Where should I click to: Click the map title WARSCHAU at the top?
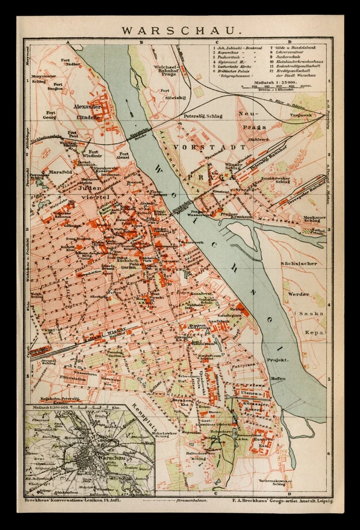click(x=180, y=30)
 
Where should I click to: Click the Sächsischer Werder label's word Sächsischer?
click(x=299, y=264)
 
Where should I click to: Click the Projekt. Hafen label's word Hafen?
click(x=278, y=378)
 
